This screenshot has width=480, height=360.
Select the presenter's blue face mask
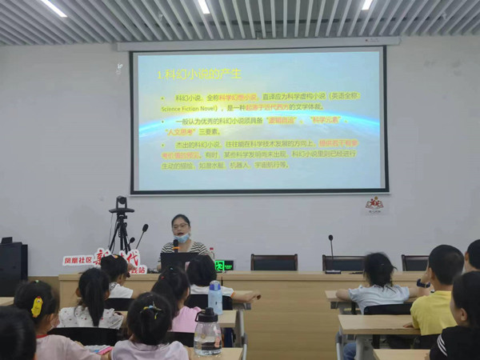click(182, 238)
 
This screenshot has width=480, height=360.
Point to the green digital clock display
click(224, 265)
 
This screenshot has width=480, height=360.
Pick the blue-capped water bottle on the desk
click(214, 297)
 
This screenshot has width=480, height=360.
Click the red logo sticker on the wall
click(374, 204)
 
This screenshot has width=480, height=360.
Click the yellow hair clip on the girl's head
click(37, 306)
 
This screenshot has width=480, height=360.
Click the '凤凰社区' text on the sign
click(78, 261)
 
